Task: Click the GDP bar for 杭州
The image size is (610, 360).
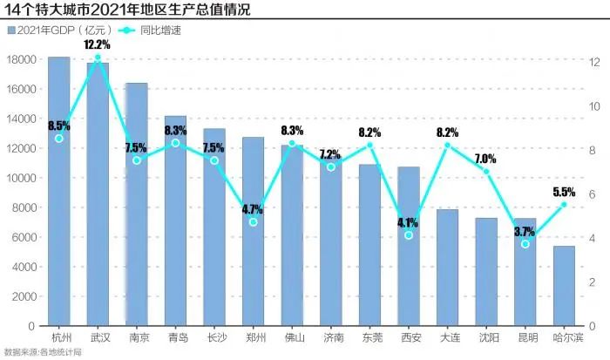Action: tap(59, 192)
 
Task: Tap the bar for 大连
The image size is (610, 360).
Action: tap(447, 267)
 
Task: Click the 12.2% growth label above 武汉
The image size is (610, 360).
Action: tap(97, 44)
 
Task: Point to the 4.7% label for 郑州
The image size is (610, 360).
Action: tap(253, 209)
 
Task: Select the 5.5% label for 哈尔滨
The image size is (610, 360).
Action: tap(564, 192)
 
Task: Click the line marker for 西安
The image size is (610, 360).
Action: tap(409, 235)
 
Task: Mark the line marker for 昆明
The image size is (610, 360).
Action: tap(525, 244)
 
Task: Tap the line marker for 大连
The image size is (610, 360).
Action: tap(448, 146)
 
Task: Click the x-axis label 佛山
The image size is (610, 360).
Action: tap(292, 336)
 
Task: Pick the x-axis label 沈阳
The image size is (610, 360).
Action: tap(486, 336)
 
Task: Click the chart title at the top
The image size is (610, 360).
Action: tap(103, 10)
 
